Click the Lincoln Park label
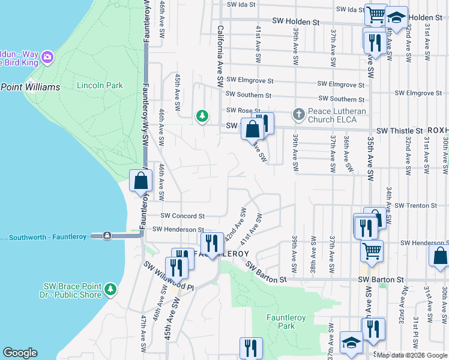[100, 85]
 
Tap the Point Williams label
[30, 87]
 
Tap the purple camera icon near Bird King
[47, 58]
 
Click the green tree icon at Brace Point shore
[110, 290]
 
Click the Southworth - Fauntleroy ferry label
[49, 237]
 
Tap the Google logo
[20, 353]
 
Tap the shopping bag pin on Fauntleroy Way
[140, 180]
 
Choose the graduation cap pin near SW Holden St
[396, 17]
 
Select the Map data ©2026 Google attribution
[411, 355]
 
